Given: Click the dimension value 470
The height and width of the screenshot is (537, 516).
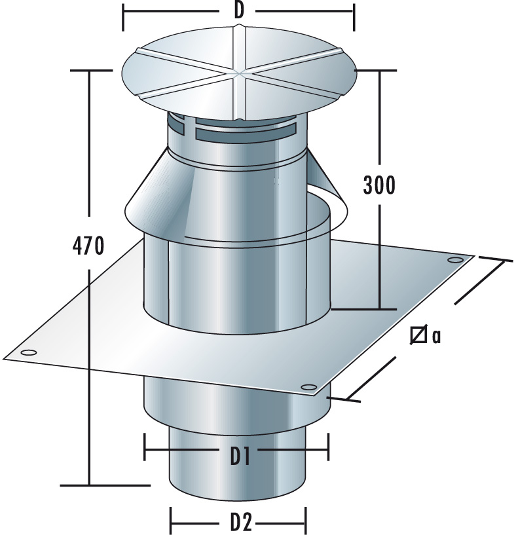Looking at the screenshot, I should point(88,247).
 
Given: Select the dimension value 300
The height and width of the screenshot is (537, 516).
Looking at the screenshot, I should point(379,185).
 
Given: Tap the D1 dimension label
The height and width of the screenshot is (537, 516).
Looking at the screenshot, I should point(240,452).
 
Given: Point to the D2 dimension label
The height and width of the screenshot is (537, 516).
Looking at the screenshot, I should point(240,523).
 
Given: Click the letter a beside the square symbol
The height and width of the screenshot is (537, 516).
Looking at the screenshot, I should point(436,337).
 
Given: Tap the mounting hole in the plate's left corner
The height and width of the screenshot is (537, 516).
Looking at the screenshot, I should point(28,354).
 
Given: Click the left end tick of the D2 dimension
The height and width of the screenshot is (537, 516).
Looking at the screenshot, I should point(171,523).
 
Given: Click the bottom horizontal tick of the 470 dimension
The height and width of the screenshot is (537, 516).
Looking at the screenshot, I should point(105,485).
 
